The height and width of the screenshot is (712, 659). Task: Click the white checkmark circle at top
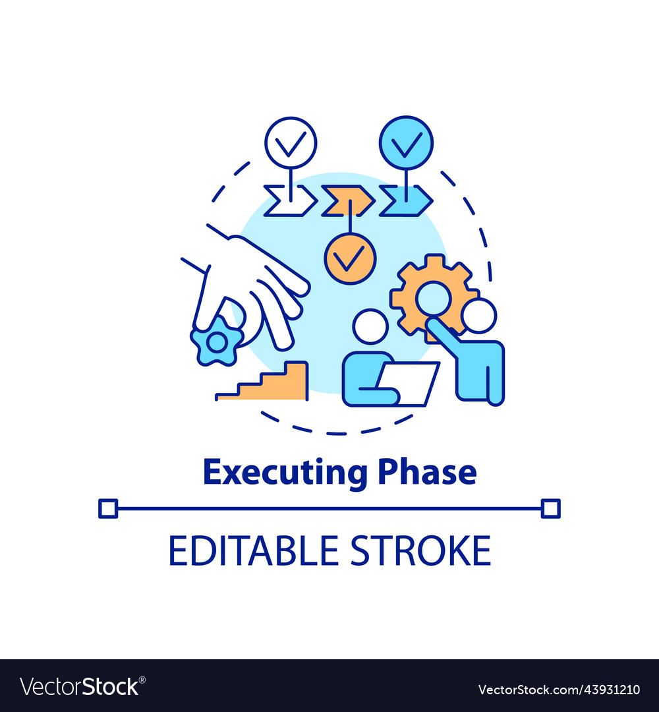pyautogui.click(x=291, y=142)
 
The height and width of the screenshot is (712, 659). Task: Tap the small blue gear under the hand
pyautogui.click(x=216, y=341)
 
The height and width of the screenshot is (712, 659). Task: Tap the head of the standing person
pyautogui.click(x=478, y=315)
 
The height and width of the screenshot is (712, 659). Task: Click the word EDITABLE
pyautogui.click(x=254, y=550)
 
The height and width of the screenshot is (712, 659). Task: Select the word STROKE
pyautogui.click(x=420, y=550)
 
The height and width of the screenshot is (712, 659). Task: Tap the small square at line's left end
pyautogui.click(x=107, y=508)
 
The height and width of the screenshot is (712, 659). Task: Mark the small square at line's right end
pyautogui.click(x=550, y=508)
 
